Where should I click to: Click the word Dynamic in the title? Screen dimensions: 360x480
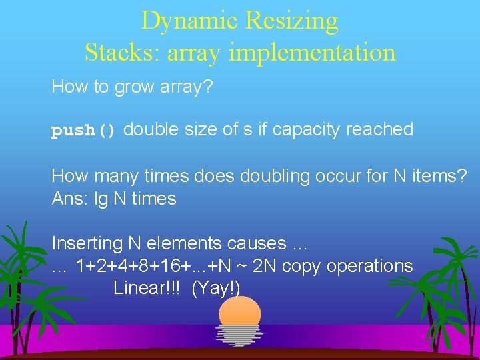point(191,21)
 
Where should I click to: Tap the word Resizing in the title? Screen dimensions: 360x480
point(292,21)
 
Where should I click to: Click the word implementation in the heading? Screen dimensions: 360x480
point(313,52)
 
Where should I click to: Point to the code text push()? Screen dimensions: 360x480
point(85,131)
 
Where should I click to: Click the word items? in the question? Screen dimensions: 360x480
point(437,176)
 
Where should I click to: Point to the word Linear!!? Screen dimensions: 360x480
point(148,288)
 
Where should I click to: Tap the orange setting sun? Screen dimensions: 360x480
point(239,312)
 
